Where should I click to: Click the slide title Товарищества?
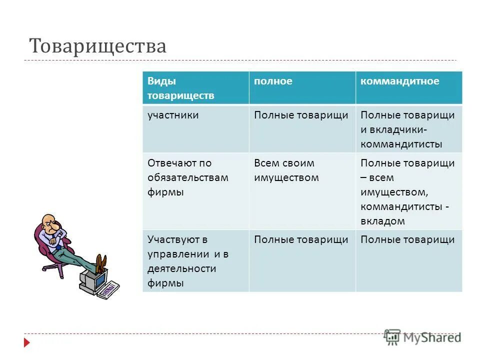(98, 46)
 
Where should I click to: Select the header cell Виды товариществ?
(180, 88)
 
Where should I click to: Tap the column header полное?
(273, 81)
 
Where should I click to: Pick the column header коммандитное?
(400, 81)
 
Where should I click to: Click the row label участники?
(173, 115)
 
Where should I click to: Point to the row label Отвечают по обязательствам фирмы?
(187, 177)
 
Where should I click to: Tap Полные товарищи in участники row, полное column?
(301, 115)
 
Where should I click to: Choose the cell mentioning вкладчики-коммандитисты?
(407, 129)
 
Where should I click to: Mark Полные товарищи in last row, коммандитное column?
(407, 239)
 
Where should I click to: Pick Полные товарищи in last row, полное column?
(301, 239)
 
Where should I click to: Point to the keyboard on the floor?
(108, 290)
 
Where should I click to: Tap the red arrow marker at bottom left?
(26, 343)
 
